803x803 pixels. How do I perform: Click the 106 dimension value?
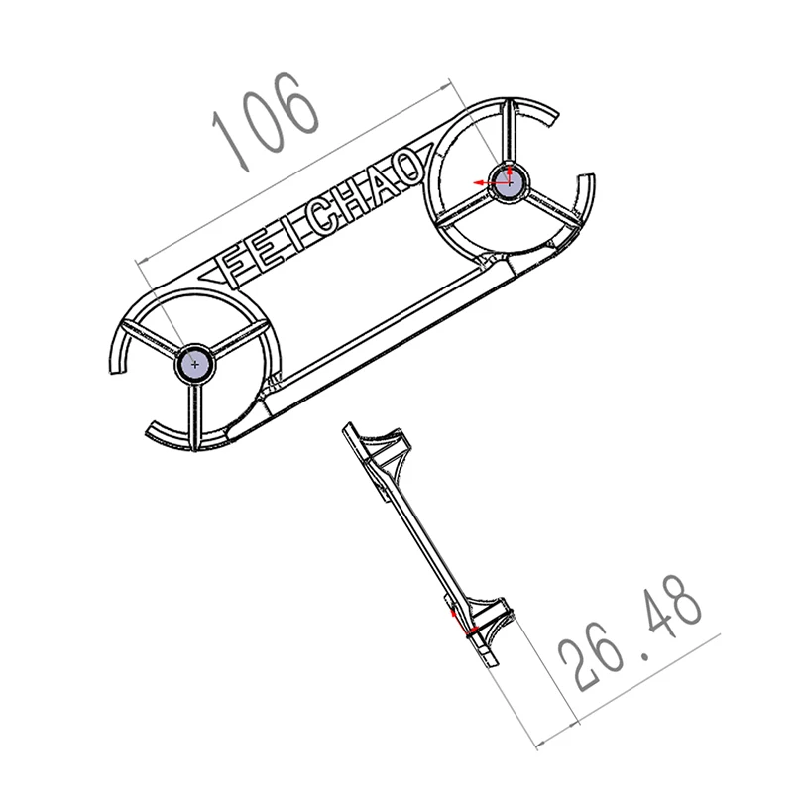click(x=266, y=121)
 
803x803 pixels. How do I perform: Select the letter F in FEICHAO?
click(x=235, y=266)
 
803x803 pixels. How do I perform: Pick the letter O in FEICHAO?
click(x=407, y=167)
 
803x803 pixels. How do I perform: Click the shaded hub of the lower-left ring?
click(x=194, y=364)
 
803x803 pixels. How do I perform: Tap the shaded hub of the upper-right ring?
click(x=509, y=181)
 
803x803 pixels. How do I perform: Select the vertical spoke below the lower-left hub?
click(x=194, y=415)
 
